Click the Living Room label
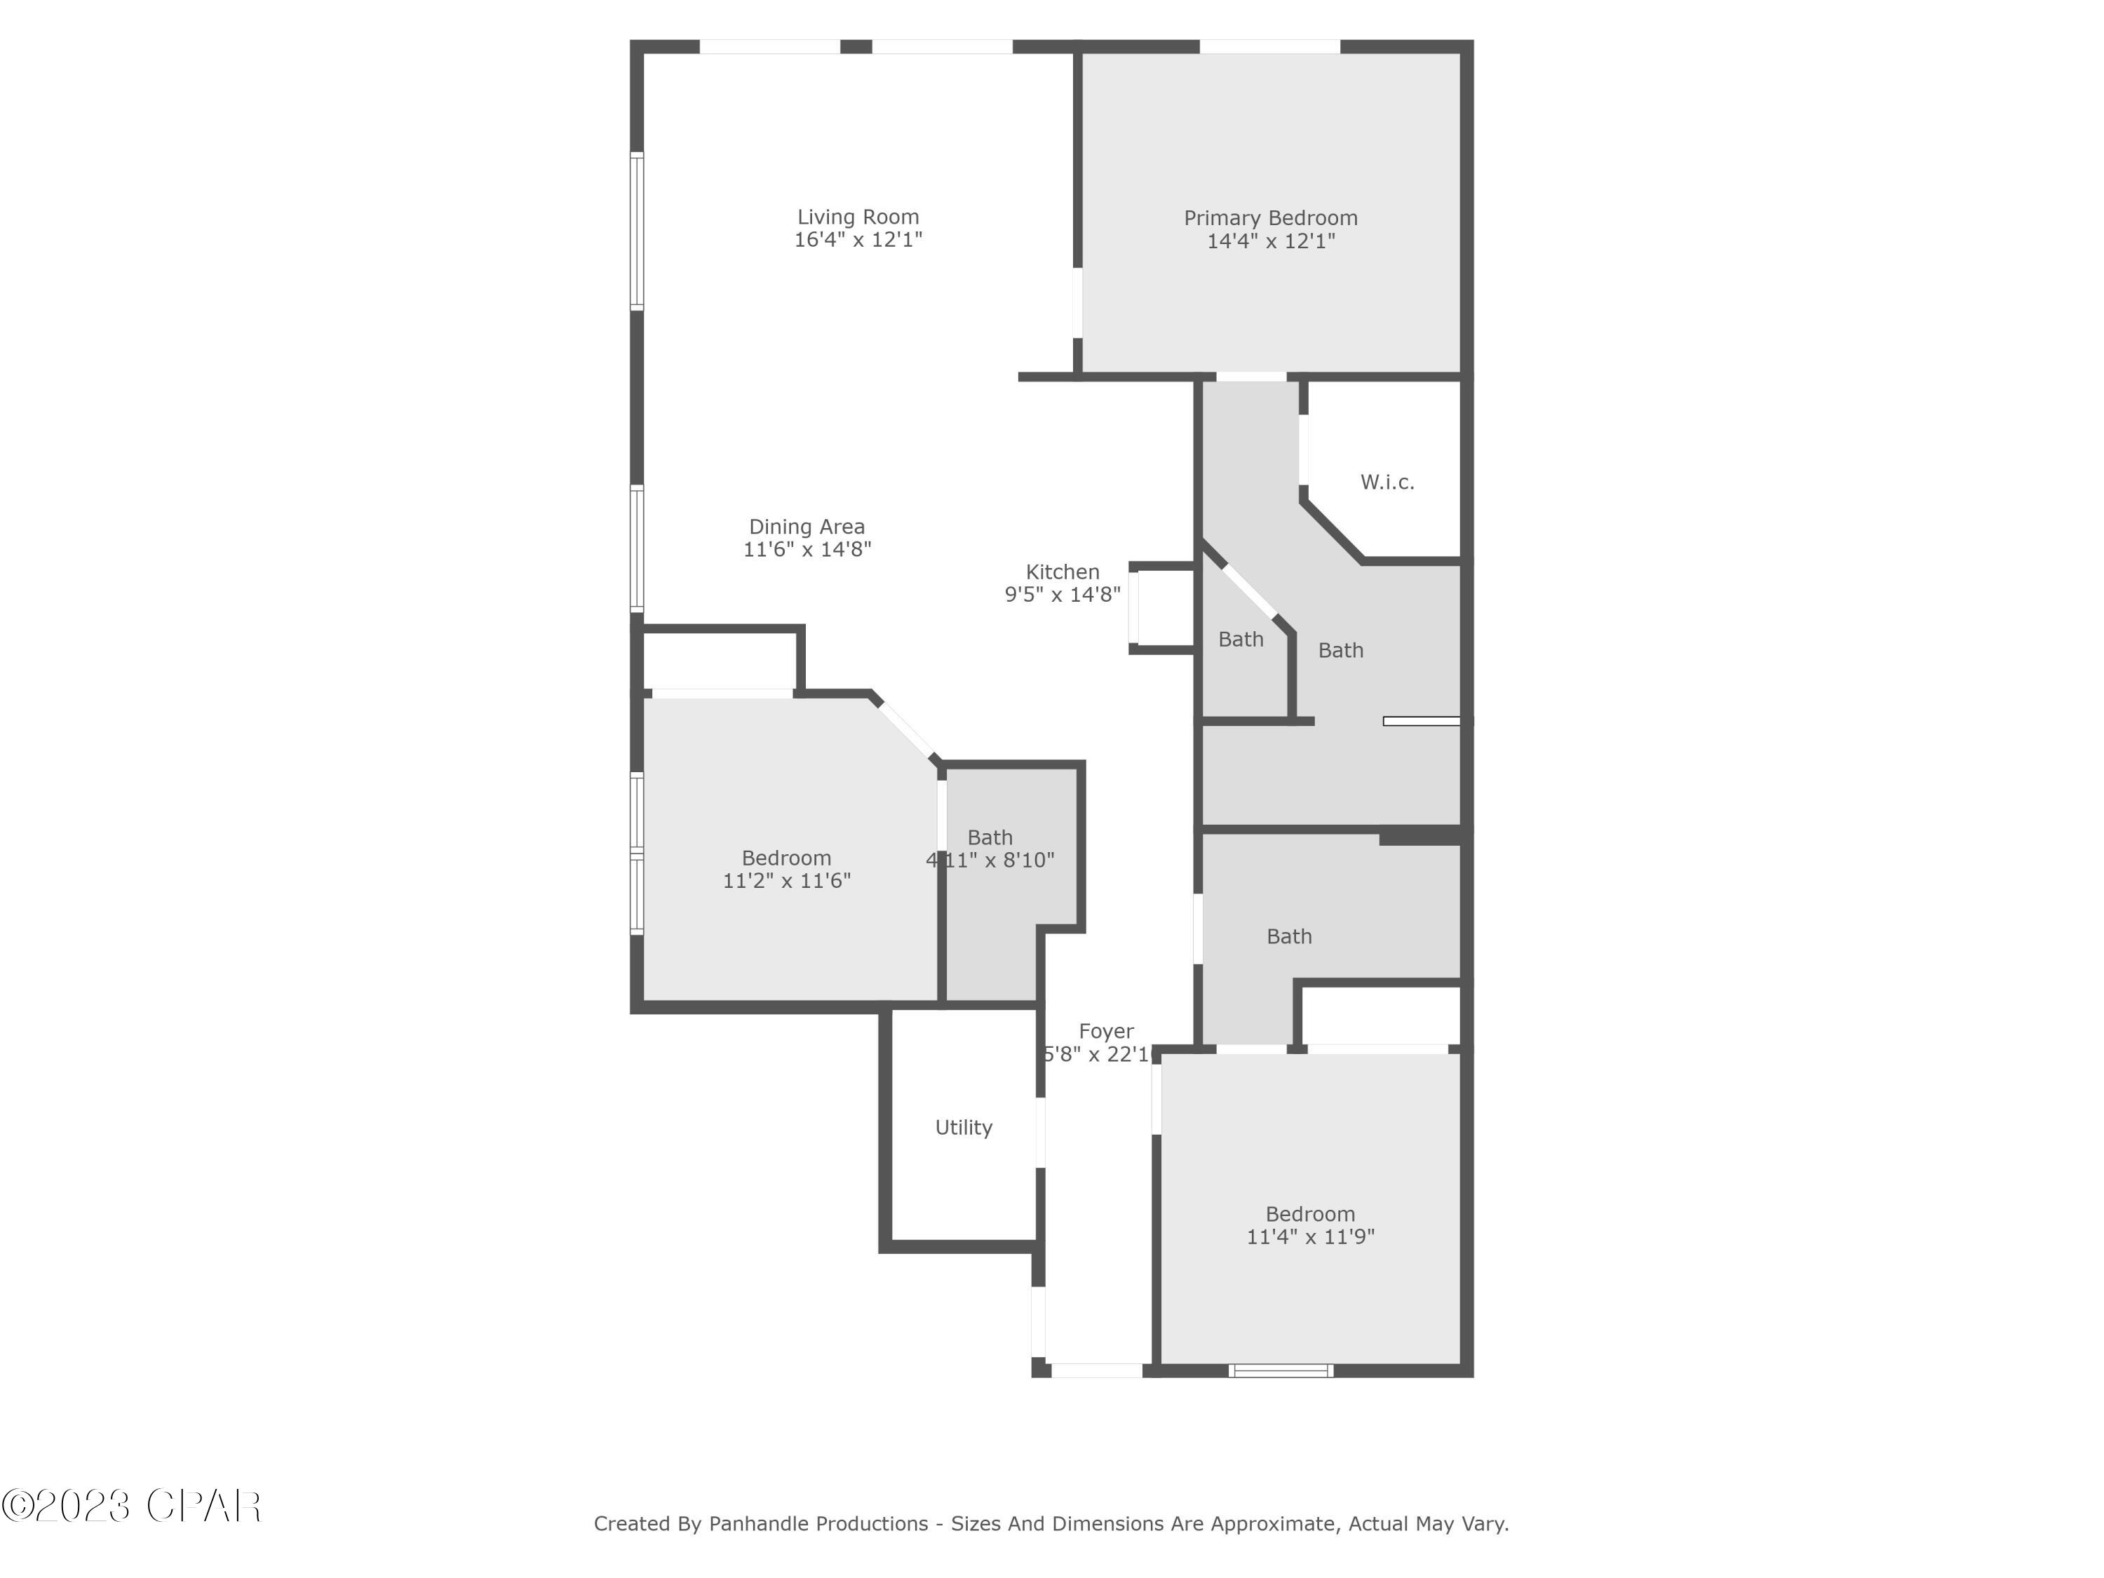[858, 217]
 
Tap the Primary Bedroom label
[1271, 218]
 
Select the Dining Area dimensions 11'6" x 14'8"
[807, 550]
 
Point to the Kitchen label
[1063, 572]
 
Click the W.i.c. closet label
[1387, 483]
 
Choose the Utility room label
[964, 1127]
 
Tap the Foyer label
[1106, 1031]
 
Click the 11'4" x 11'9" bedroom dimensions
[1311, 1236]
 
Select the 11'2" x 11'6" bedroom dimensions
[787, 881]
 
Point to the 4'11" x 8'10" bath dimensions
[990, 861]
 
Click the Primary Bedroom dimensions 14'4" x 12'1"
[1271, 241]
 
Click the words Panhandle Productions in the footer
[818, 1524]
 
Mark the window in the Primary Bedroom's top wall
[1270, 46]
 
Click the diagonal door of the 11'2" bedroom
[905, 729]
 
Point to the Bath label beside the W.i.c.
[1340, 651]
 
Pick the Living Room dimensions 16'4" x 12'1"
[858, 240]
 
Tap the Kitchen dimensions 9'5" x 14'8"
[1063, 595]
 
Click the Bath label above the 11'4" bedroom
[1289, 937]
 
